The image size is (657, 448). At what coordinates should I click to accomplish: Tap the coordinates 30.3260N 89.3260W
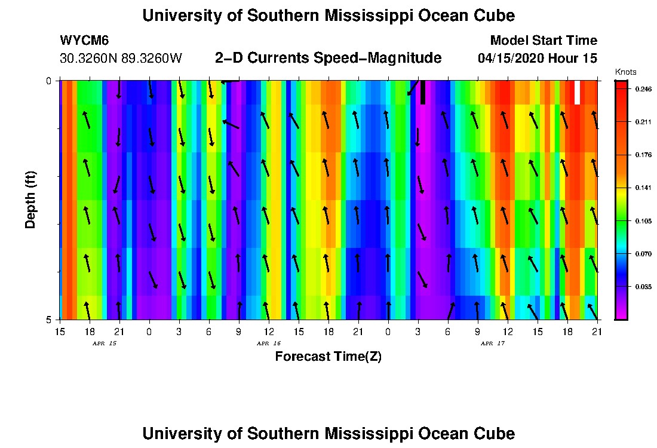tap(121, 59)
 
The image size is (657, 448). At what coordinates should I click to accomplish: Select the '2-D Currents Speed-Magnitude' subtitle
tap(328, 58)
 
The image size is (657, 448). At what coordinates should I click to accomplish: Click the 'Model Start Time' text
tap(543, 41)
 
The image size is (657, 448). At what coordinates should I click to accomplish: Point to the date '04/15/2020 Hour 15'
tap(537, 59)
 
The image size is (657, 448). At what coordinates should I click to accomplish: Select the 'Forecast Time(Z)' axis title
tap(328, 357)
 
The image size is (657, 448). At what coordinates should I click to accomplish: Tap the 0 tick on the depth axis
tap(50, 81)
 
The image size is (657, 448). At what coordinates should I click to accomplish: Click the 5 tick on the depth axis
tap(50, 320)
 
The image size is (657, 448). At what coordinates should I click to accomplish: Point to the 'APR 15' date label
tap(104, 343)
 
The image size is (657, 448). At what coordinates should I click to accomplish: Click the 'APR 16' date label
tap(268, 343)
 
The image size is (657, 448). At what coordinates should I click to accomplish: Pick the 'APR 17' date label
tap(492, 343)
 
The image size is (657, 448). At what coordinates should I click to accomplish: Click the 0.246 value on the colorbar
tap(643, 89)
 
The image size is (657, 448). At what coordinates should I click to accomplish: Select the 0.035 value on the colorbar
tap(643, 287)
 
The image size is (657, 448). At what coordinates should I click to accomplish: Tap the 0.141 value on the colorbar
tap(643, 188)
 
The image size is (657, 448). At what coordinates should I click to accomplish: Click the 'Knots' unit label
tap(624, 72)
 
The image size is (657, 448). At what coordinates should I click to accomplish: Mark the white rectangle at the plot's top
tap(577, 93)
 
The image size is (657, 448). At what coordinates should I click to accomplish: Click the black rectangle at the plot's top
tap(423, 93)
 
